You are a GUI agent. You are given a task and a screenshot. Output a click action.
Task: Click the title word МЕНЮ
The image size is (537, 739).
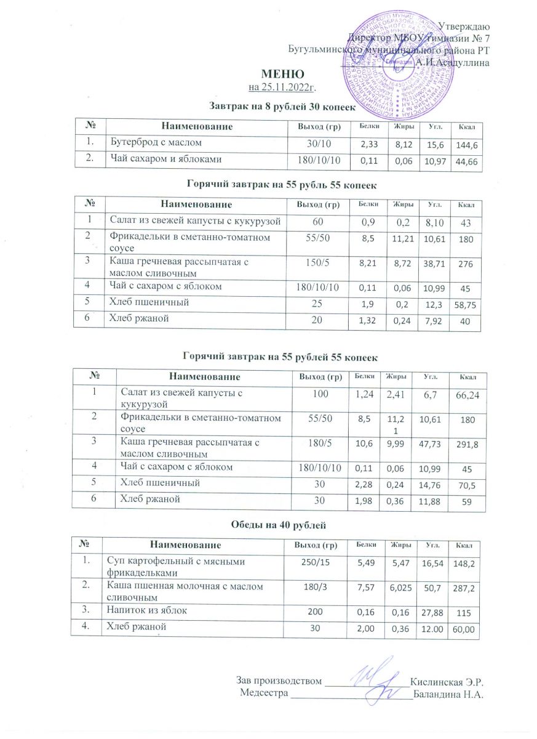268,75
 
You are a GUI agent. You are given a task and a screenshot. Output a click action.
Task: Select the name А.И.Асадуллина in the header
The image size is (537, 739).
453,62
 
